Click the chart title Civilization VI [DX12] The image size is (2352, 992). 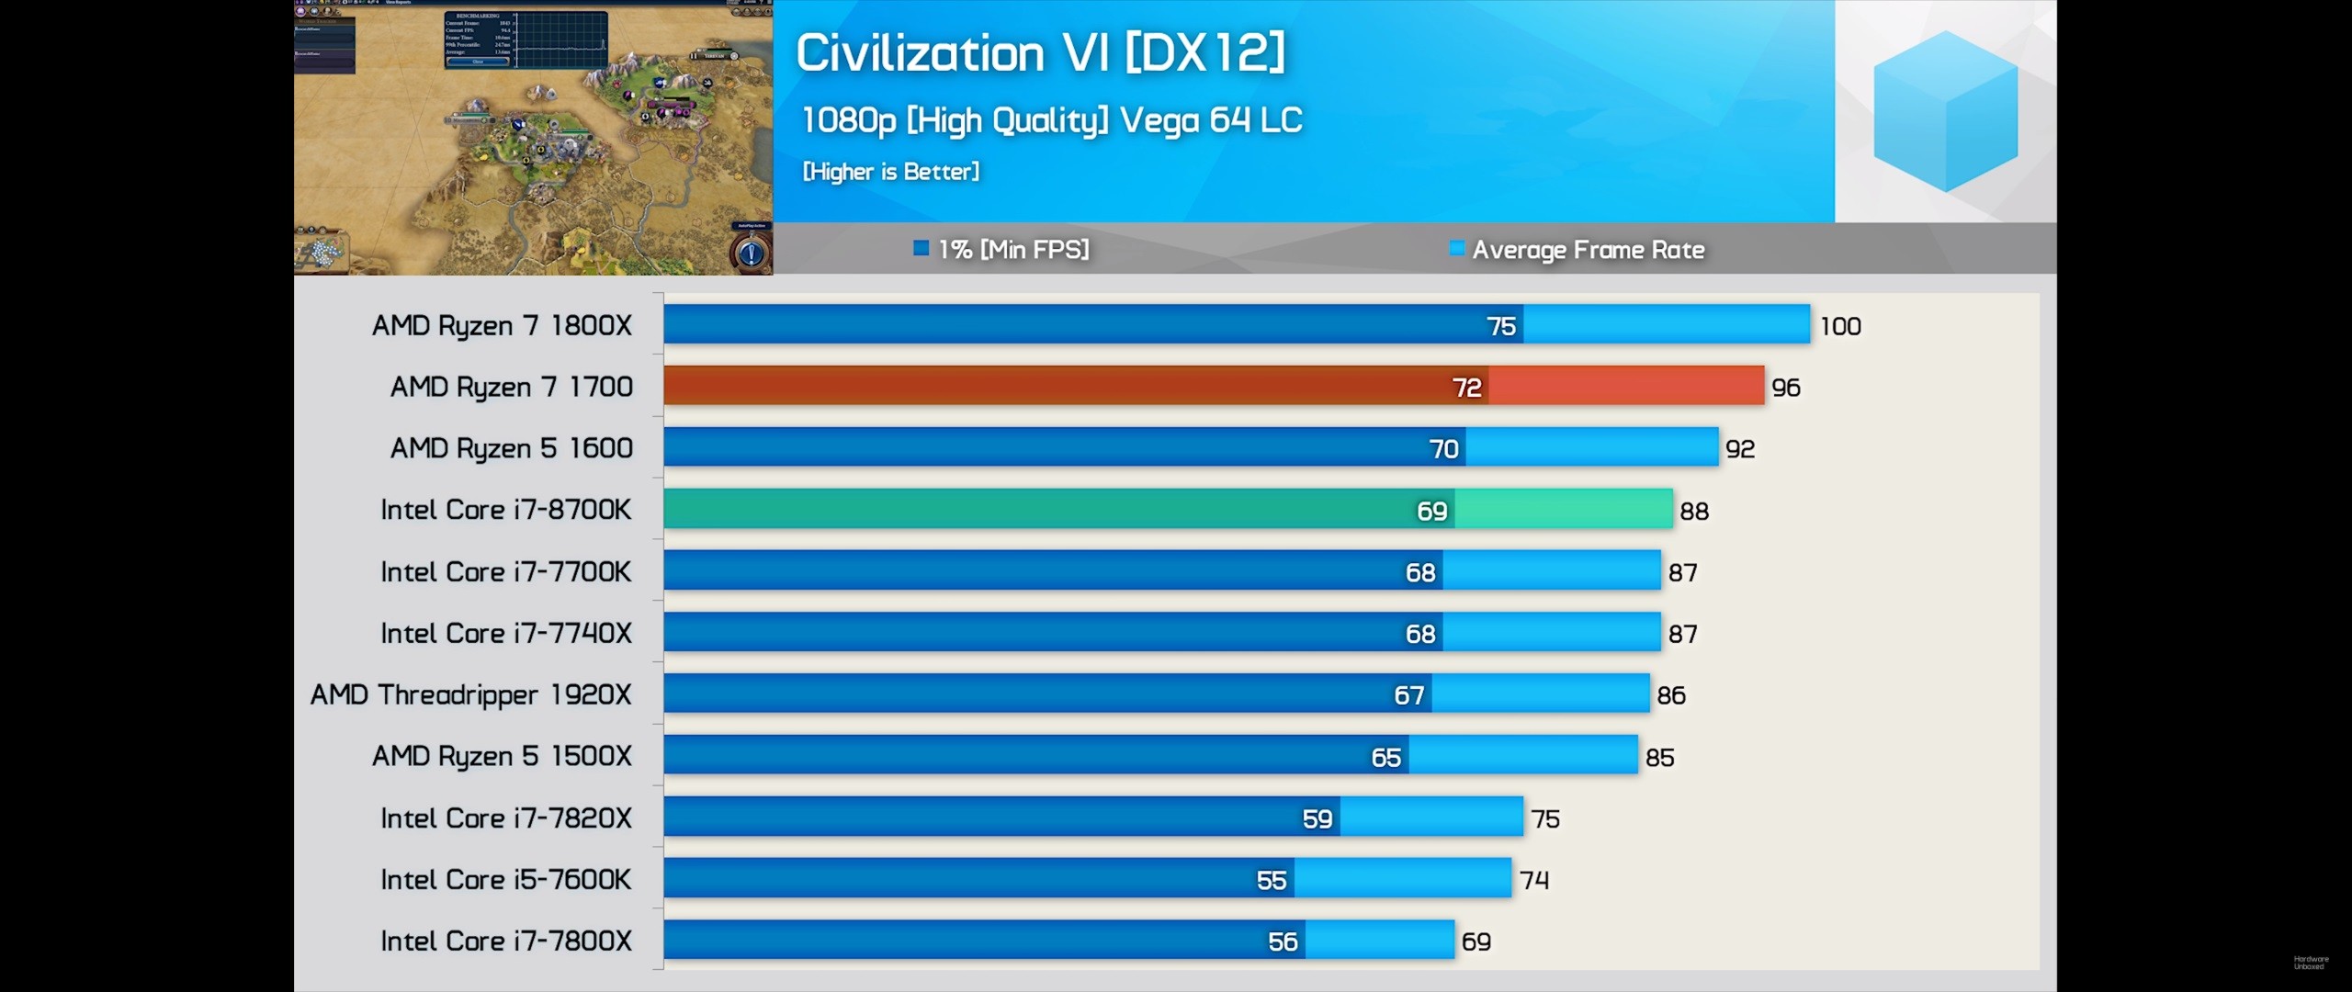pyautogui.click(x=1039, y=52)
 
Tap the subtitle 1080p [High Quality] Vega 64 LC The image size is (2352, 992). pyautogui.click(x=1052, y=120)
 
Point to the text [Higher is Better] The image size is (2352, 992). pyautogui.click(x=890, y=172)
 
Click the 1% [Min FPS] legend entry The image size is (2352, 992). pyautogui.click(x=1001, y=249)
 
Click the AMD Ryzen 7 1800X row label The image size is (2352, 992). pyautogui.click(x=502, y=326)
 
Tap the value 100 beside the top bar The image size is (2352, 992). pyautogui.click(x=1840, y=326)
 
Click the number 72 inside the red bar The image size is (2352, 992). pyautogui.click(x=1466, y=388)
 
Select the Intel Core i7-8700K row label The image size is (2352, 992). pyautogui.click(x=505, y=510)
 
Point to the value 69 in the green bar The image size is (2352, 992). pyautogui.click(x=1431, y=511)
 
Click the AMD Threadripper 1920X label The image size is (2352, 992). pyautogui.click(x=470, y=695)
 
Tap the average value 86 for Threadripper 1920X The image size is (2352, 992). pyautogui.click(x=1671, y=695)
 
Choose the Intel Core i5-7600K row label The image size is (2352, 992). pyautogui.click(x=505, y=880)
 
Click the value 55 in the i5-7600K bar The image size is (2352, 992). pyautogui.click(x=1272, y=881)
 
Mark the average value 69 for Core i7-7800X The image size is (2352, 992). pyautogui.click(x=1476, y=941)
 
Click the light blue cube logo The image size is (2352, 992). pyautogui.click(x=1945, y=110)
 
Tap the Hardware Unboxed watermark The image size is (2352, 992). pyautogui.click(x=2311, y=963)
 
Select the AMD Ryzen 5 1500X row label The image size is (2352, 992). pyautogui.click(x=502, y=757)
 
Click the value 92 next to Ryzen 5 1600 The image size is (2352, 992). pyautogui.click(x=1740, y=449)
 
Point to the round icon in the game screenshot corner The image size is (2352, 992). pyautogui.click(x=751, y=253)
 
